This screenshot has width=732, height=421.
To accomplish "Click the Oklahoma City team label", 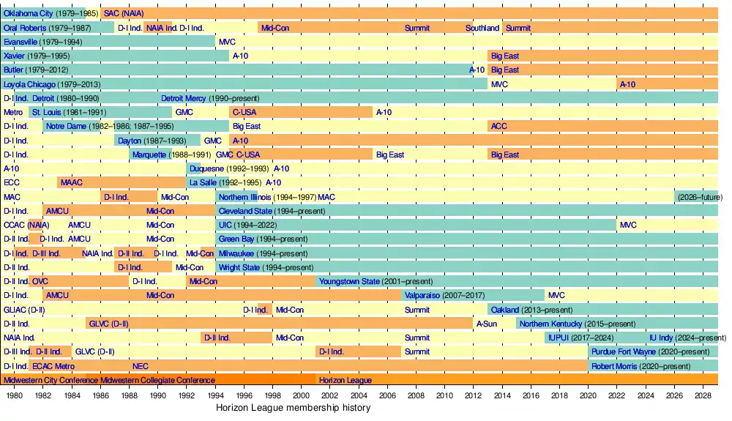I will [x=27, y=13].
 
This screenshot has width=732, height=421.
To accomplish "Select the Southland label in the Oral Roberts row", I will [x=482, y=28].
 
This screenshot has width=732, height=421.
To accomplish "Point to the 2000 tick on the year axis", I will [x=301, y=395].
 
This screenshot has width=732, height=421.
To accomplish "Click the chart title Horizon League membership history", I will [x=294, y=408].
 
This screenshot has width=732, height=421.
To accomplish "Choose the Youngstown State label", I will [x=349, y=281].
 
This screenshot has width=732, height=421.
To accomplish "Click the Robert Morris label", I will [x=614, y=366].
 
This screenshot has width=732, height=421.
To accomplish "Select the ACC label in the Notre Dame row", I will [x=498, y=126].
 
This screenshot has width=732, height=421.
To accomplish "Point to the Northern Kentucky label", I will [x=550, y=324].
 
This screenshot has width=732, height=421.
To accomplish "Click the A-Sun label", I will [x=487, y=324].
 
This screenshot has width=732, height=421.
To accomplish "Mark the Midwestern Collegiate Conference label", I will [x=157, y=380].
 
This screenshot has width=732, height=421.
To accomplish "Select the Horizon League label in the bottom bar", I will [x=346, y=380].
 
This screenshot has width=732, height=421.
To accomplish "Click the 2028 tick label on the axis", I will [x=703, y=395].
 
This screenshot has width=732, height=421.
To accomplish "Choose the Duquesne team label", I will [x=206, y=168].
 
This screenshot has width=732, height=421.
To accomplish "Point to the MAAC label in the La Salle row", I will [x=72, y=182].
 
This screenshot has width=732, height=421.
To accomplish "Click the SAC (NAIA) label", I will [x=123, y=13].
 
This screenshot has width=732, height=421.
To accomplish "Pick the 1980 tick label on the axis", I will [x=14, y=395].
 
